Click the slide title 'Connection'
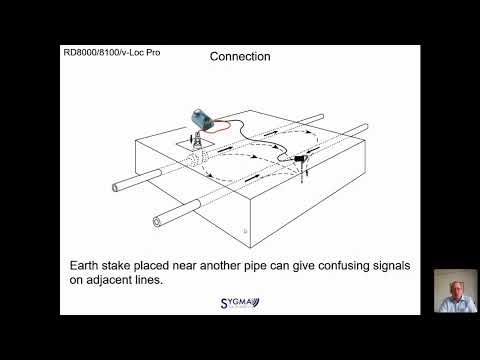(x=240, y=56)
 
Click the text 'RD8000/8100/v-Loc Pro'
(x=112, y=52)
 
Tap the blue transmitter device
(x=202, y=119)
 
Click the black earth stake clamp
(x=300, y=158)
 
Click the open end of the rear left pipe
(x=115, y=187)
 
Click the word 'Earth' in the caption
(x=84, y=266)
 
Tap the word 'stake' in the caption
(x=116, y=266)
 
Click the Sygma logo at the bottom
(x=240, y=303)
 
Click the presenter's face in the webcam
(x=456, y=289)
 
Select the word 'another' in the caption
(x=220, y=266)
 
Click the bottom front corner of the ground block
(x=251, y=248)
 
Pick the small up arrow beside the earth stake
(x=307, y=172)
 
